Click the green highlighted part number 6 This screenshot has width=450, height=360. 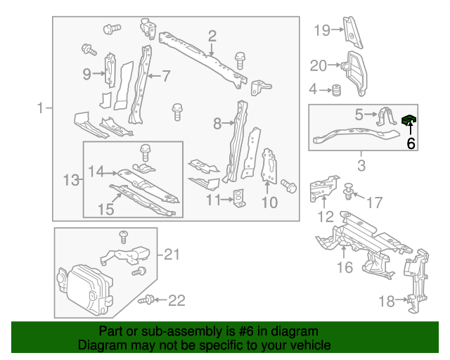(409, 120)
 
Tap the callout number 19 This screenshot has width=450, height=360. (321, 30)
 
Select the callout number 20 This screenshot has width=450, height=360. (319, 66)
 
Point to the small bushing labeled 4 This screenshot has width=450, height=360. (337, 90)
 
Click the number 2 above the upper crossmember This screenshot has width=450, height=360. (212, 35)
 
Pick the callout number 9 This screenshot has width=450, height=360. (86, 74)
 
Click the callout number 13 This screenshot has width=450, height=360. (70, 181)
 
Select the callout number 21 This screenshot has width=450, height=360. (172, 255)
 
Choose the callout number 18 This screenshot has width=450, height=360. (387, 302)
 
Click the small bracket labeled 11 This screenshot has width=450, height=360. (240, 199)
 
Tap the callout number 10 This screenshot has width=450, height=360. (269, 203)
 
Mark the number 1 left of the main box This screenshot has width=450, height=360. (41, 108)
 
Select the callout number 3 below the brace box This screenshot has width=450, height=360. (361, 166)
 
